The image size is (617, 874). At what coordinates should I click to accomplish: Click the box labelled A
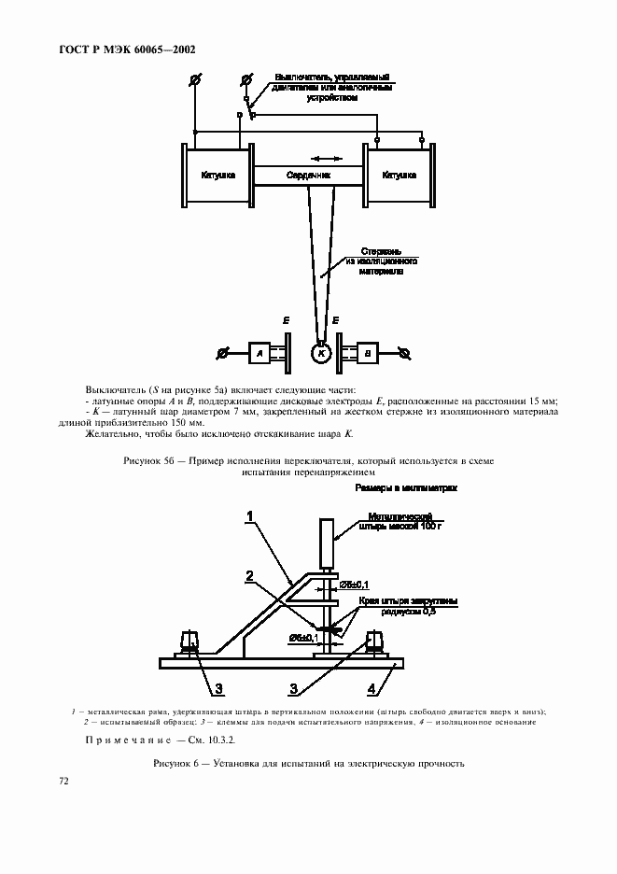click(259, 353)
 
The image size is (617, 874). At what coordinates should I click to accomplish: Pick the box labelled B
click(366, 353)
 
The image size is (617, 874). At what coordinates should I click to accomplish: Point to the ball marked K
click(322, 354)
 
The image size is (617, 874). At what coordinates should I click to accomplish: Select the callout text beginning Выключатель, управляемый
click(331, 85)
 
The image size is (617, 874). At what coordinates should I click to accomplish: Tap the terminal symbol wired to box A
click(222, 353)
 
